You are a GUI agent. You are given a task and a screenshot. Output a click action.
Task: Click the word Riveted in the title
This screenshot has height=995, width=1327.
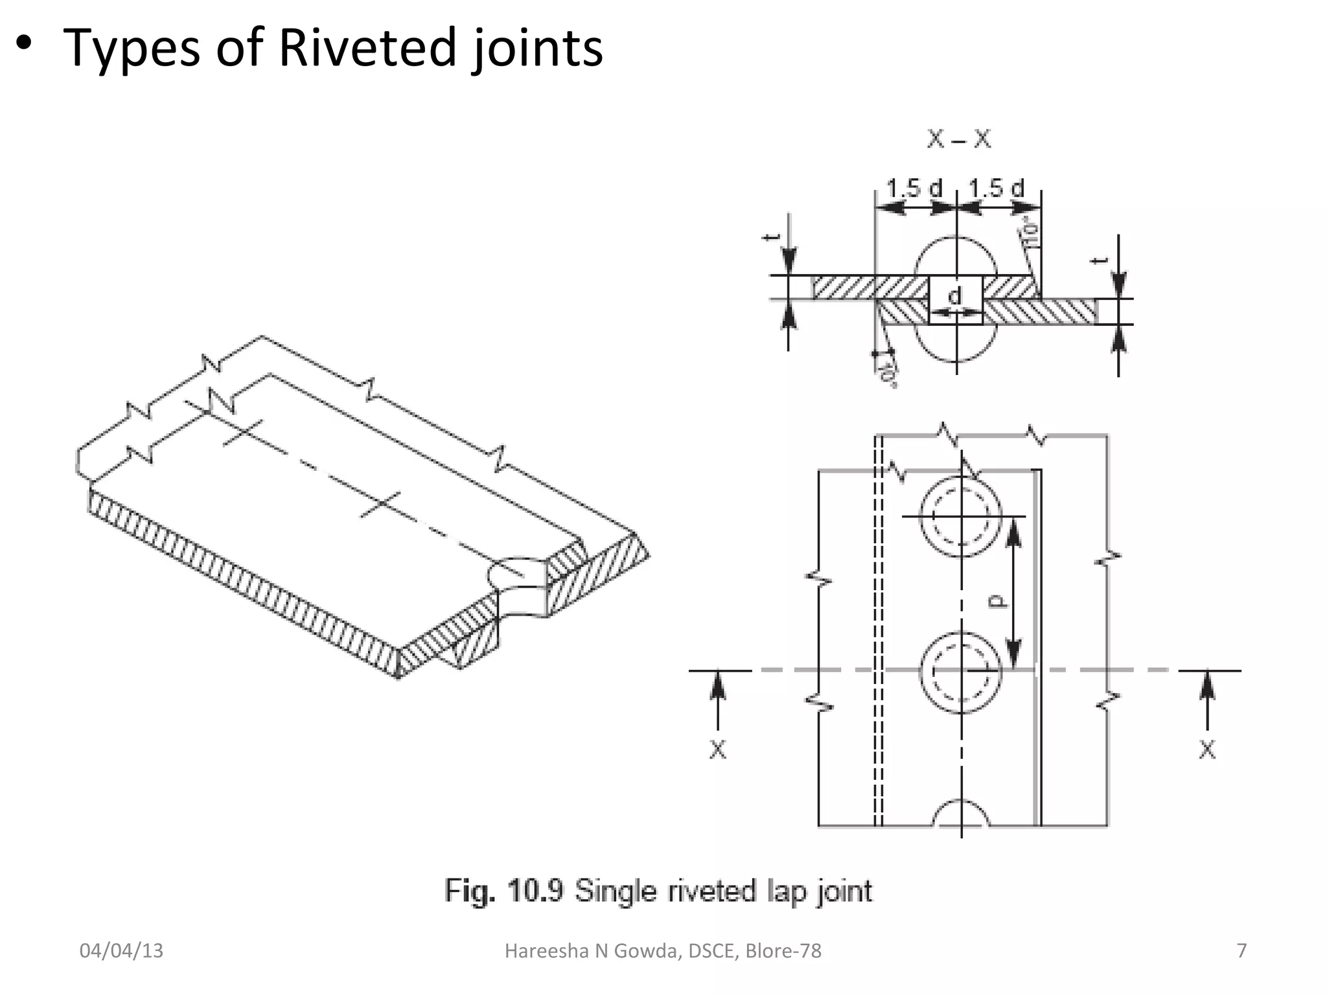pos(368,48)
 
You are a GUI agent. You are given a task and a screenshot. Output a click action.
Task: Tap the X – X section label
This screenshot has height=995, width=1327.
pos(958,139)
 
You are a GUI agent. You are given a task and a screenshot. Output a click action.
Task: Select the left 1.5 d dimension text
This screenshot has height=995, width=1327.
pos(914,189)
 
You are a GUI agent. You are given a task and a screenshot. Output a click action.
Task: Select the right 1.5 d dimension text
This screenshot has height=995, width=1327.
pos(997,189)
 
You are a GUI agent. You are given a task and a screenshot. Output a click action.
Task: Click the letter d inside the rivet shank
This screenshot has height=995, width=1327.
pos(955,296)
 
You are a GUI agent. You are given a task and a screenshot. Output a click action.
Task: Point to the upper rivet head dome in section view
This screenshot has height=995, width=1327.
pos(956,256)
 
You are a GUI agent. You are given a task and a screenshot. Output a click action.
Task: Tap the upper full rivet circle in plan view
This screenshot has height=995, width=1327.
pos(961,516)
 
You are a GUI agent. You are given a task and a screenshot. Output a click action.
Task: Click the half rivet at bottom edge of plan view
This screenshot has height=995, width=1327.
pos(961,815)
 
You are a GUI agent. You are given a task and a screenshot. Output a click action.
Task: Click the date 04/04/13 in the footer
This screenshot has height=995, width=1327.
pos(121,951)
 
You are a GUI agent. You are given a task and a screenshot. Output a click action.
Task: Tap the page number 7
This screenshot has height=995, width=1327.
pos(1241,950)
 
